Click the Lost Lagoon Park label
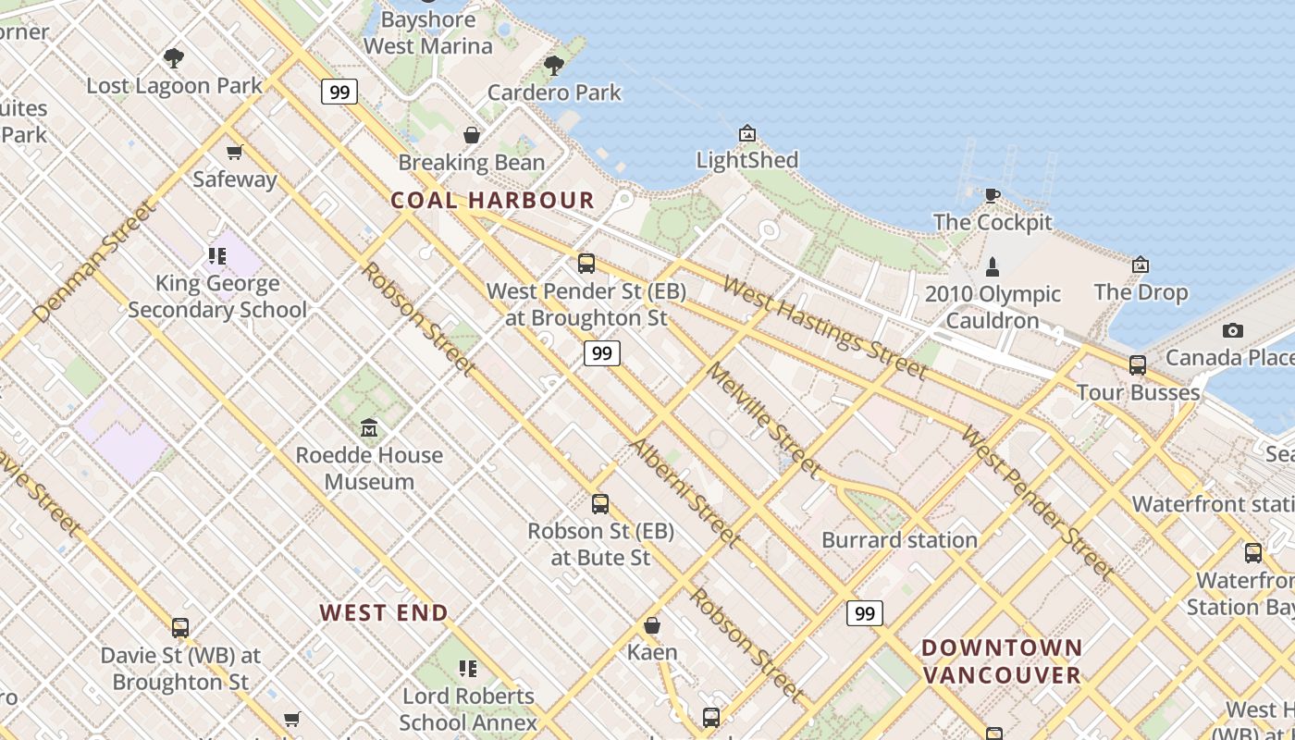(x=174, y=86)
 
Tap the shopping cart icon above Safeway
(x=235, y=152)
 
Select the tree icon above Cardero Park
(x=554, y=65)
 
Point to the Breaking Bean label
(x=472, y=163)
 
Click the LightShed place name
(x=746, y=160)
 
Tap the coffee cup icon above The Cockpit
(x=992, y=194)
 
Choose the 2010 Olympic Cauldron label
(x=993, y=307)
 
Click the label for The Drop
(x=1141, y=292)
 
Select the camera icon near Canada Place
(x=1232, y=330)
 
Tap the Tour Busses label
(x=1138, y=392)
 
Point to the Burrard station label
(x=899, y=539)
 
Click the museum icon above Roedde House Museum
(x=369, y=427)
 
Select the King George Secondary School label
(x=217, y=296)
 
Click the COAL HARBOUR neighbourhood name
(x=492, y=200)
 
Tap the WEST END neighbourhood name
(x=384, y=612)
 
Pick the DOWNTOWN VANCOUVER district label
(x=1002, y=660)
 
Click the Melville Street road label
(x=763, y=421)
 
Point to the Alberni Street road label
(x=684, y=491)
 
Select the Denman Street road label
(x=94, y=262)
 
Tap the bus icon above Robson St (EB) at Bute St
(x=600, y=504)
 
